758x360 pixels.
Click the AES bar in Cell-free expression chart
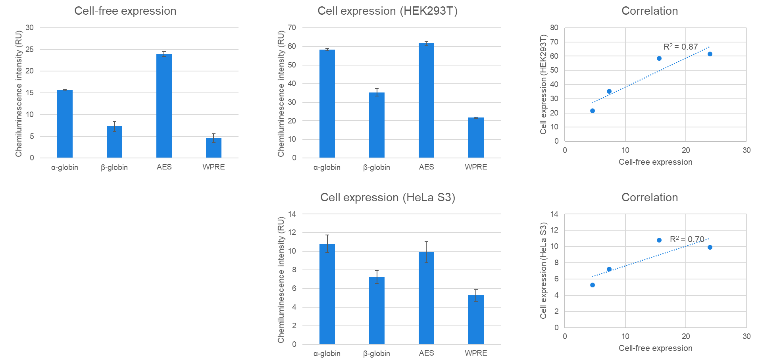(164, 106)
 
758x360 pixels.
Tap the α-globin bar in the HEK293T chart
(327, 104)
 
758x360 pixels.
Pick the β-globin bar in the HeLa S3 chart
(377, 310)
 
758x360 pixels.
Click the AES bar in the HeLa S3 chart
(426, 298)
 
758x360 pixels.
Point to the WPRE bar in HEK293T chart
(476, 138)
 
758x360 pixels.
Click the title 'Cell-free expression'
(125, 11)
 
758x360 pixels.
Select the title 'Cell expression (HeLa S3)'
(387, 197)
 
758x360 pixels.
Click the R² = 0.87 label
(680, 47)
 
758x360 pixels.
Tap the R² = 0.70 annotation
(687, 239)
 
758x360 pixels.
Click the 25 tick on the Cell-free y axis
(30, 50)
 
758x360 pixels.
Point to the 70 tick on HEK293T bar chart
(292, 28)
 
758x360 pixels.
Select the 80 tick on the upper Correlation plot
(554, 28)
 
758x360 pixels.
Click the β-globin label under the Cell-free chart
(114, 167)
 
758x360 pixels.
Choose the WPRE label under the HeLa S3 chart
(476, 353)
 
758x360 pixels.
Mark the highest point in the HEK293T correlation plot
(710, 54)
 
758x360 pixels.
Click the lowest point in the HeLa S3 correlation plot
(593, 285)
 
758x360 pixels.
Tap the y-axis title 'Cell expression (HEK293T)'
(543, 84)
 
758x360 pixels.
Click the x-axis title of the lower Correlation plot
(655, 348)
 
